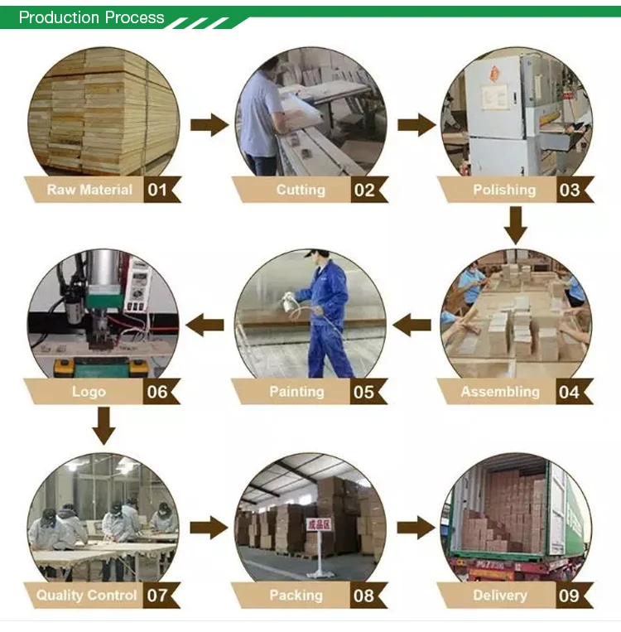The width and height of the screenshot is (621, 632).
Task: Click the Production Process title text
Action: [91, 17]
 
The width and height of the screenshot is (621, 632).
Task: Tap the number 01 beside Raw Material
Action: [157, 190]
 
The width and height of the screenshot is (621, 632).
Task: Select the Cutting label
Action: [301, 190]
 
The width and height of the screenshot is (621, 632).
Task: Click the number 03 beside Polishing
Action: [570, 190]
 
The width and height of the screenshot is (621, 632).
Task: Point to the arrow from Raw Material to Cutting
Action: [209, 125]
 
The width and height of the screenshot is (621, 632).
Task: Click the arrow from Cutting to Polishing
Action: [416, 125]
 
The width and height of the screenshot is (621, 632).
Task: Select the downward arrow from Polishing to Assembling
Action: [515, 225]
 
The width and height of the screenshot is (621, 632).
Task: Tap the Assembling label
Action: [500, 392]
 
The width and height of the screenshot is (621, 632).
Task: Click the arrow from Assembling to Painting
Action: [412, 325]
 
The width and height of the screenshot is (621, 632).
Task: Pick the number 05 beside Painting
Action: [363, 392]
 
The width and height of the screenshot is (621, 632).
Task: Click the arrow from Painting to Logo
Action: [205, 325]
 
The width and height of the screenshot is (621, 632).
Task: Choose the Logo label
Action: [89, 392]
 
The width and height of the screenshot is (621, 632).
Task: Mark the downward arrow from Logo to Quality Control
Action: [103, 426]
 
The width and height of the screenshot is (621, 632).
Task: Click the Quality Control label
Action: [86, 596]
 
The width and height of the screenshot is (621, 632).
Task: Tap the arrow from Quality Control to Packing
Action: [209, 528]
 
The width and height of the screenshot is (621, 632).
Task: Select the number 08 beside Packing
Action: [363, 596]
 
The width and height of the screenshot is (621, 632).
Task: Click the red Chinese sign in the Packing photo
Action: [319, 524]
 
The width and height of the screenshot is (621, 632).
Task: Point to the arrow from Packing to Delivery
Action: [416, 528]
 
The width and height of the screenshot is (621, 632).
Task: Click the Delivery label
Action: [500, 596]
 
